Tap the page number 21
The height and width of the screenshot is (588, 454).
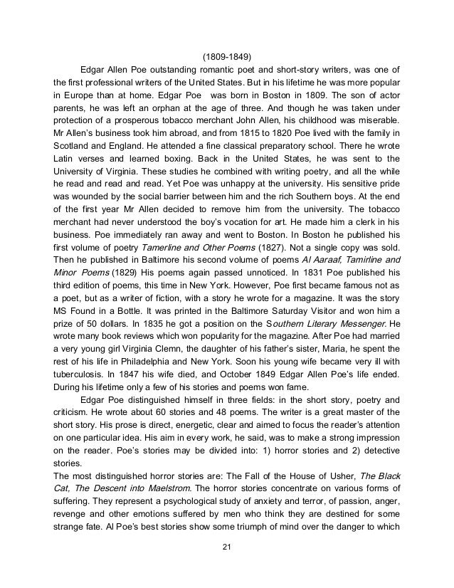click(x=227, y=546)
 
